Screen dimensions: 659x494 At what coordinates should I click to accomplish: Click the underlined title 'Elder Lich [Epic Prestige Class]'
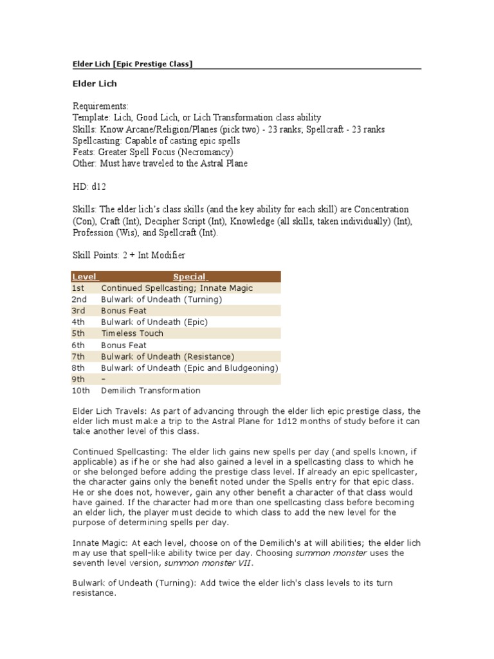[131, 64]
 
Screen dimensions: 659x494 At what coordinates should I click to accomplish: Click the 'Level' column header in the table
[84, 277]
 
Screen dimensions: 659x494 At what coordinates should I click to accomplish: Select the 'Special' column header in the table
[190, 277]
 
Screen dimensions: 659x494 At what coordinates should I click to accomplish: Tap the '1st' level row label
[78, 288]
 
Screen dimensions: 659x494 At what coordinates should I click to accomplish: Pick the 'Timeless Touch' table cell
[133, 333]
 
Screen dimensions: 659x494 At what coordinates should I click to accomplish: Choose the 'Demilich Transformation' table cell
[151, 391]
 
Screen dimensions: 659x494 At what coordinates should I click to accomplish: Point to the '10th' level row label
[82, 391]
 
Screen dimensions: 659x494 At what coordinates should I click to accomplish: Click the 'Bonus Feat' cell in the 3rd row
[124, 311]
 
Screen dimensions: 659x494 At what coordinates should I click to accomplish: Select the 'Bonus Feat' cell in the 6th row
[124, 345]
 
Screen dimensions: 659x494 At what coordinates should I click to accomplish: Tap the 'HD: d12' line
[89, 187]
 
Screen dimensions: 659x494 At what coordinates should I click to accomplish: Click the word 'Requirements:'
[100, 106]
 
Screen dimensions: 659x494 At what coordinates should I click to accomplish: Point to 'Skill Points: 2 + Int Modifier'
[129, 255]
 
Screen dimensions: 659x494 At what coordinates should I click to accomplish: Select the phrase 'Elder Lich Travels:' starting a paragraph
[110, 411]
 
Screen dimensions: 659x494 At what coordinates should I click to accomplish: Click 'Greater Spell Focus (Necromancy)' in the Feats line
[165, 152]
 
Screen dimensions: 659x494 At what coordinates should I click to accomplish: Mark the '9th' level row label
[78, 379]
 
